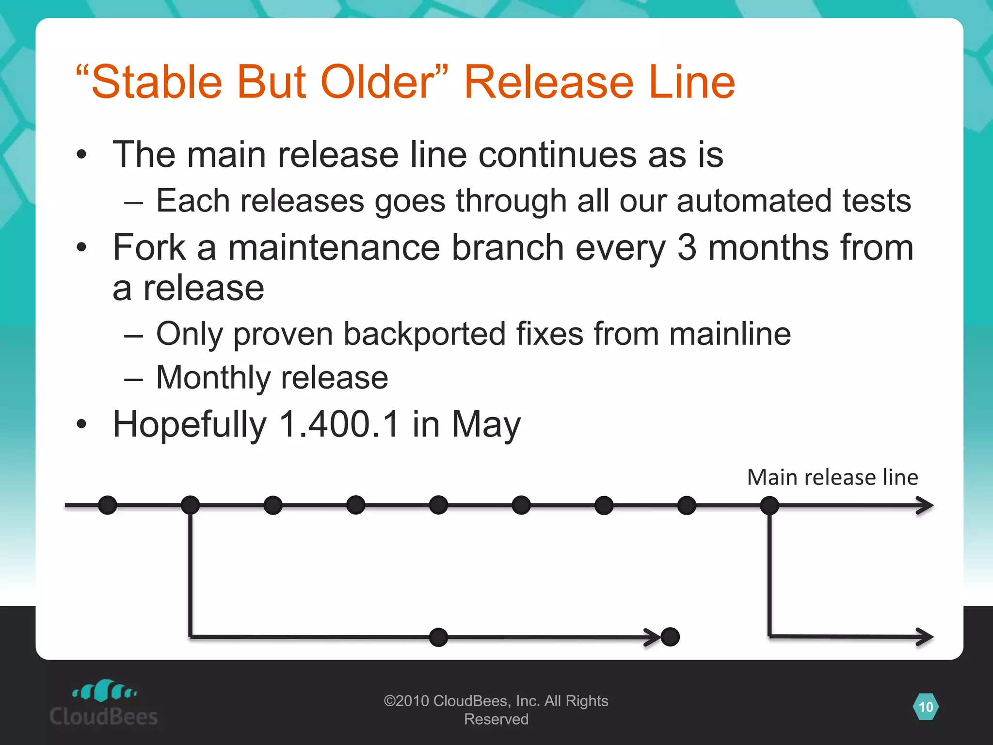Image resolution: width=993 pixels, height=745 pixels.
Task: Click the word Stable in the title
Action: click(156, 82)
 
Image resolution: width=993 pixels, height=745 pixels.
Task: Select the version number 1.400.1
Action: click(339, 424)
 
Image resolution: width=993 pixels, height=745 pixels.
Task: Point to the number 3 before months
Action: click(687, 247)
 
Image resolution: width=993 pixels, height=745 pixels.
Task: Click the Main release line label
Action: click(832, 477)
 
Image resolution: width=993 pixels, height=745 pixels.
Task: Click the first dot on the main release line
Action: click(108, 505)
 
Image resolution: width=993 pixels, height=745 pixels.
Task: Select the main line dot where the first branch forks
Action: click(190, 505)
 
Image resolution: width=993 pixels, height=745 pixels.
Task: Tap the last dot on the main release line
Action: click(769, 505)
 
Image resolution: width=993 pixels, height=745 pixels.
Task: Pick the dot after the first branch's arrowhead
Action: click(670, 637)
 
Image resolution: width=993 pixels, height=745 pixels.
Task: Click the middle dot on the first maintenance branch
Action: click(438, 637)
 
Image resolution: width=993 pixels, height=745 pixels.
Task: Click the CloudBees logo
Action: click(104, 703)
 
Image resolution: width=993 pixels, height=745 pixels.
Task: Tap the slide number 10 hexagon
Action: click(926, 707)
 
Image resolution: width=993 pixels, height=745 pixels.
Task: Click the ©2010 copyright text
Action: click(496, 710)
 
